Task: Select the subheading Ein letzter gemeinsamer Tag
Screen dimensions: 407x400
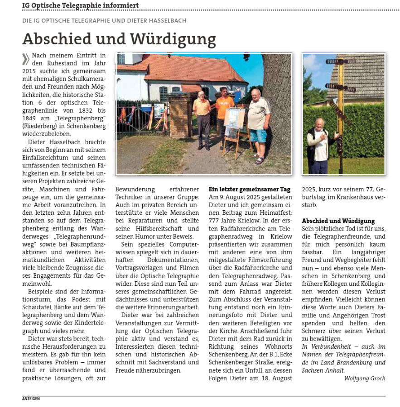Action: point(249,189)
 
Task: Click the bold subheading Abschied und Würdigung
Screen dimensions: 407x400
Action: point(338,221)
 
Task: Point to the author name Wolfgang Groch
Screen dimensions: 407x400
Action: point(364,378)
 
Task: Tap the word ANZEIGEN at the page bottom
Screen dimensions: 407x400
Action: point(31,398)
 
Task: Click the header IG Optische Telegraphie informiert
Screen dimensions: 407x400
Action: point(80,5)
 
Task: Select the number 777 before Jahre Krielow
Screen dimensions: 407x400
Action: point(215,213)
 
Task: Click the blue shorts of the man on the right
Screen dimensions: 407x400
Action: point(258,135)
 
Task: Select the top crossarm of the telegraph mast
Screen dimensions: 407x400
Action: point(341,62)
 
